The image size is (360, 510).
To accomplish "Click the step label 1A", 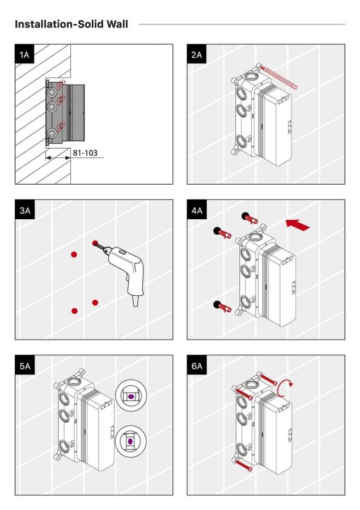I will point(24,54).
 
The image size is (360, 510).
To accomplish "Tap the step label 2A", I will point(196,54).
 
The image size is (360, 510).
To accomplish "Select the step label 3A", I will point(24,210).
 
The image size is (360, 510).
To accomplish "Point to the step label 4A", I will point(196,210).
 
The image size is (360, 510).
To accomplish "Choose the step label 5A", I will point(24,365).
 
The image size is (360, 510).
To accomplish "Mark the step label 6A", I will point(196,365).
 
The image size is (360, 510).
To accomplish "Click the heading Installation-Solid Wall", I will point(71,24).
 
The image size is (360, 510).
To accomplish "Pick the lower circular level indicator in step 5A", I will point(130,440).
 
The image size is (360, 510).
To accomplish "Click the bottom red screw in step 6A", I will point(244,465).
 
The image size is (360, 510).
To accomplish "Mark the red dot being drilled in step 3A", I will point(95,243).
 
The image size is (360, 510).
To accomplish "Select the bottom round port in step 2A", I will point(242,142).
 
